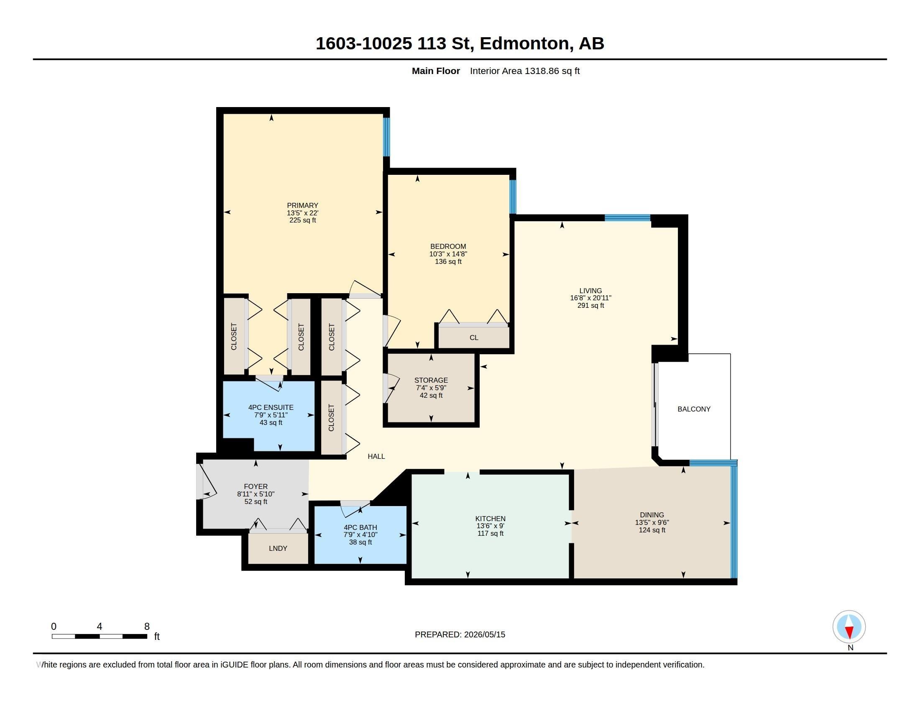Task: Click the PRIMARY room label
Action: [x=302, y=205]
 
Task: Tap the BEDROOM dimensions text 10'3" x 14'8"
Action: [x=448, y=254]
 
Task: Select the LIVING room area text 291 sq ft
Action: [x=590, y=305]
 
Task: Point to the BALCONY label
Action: [x=694, y=409]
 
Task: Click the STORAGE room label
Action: [x=431, y=380]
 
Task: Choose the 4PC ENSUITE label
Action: [x=271, y=407]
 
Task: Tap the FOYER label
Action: [x=256, y=486]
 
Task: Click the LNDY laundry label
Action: [x=278, y=548]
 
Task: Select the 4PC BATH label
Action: [x=360, y=527]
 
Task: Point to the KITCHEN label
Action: [x=491, y=519]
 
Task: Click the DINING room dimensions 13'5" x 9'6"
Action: [x=652, y=522]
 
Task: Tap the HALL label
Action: [x=376, y=456]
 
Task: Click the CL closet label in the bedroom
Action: [x=474, y=338]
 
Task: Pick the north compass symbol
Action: [x=849, y=627]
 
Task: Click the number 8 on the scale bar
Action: [x=147, y=627]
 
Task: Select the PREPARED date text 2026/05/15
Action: [x=484, y=634]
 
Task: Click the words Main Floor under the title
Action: [x=436, y=71]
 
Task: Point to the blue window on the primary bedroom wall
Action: [x=386, y=137]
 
